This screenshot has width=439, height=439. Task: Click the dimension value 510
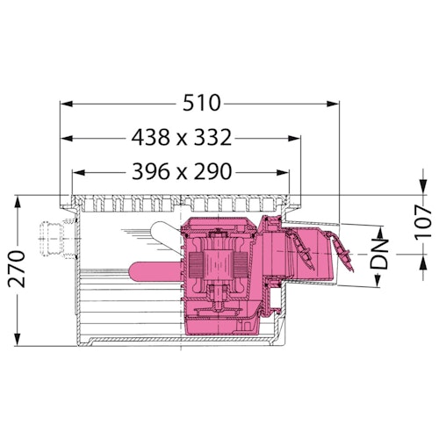[x=202, y=103]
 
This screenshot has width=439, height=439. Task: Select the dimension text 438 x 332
[x=183, y=138]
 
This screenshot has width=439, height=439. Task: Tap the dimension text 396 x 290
[x=183, y=172]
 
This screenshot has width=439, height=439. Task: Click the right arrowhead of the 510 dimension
[x=335, y=104]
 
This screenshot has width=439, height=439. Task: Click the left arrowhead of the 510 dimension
[x=65, y=104]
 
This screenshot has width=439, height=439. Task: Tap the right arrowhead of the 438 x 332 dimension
[x=296, y=138]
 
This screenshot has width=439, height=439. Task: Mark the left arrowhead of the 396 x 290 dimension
[x=76, y=172]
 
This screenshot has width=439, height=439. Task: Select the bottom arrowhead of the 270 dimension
[x=17, y=344]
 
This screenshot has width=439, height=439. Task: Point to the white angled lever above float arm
[x=163, y=235]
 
